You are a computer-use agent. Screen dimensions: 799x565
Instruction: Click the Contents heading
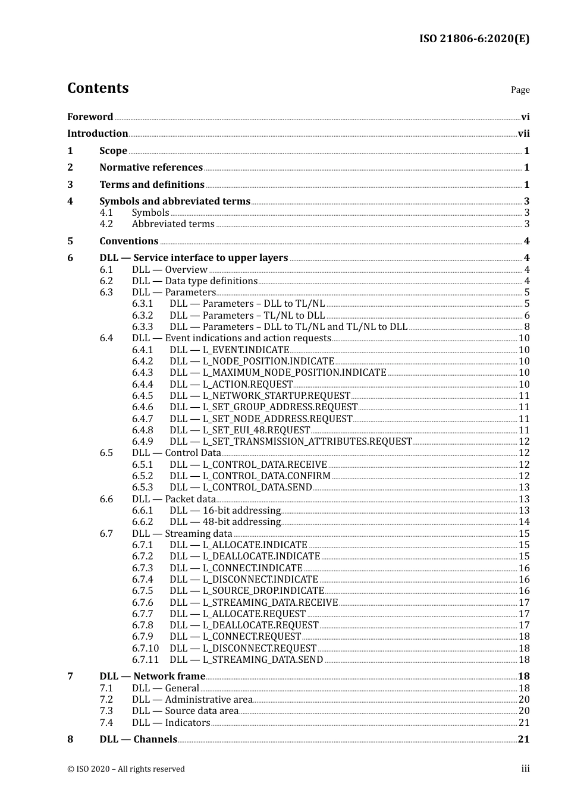[x=98, y=88]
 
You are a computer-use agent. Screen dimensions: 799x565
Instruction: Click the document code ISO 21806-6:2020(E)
[x=474, y=39]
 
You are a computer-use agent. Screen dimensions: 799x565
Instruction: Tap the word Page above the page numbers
[x=520, y=90]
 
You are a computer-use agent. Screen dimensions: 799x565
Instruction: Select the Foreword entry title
[x=90, y=117]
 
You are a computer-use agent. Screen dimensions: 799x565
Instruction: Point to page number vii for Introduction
[x=523, y=134]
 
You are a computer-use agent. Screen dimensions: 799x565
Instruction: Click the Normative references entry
[x=151, y=168]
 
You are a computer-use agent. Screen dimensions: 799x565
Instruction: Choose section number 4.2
[x=106, y=224]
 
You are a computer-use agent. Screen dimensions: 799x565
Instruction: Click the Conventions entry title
[x=128, y=241]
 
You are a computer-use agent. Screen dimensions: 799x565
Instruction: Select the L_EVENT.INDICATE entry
[x=229, y=350]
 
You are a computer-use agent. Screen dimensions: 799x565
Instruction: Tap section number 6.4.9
[x=142, y=442]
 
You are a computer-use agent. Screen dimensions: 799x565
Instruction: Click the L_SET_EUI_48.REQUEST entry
[x=240, y=430]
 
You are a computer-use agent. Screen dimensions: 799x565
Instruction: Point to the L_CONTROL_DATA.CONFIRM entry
[x=250, y=476]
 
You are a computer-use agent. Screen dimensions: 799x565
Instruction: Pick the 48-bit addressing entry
[x=225, y=522]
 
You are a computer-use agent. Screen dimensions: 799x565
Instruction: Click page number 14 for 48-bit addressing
[x=524, y=522]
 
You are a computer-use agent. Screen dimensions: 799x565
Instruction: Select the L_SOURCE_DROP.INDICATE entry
[x=247, y=591]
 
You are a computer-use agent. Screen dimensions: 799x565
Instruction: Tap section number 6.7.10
[x=145, y=649]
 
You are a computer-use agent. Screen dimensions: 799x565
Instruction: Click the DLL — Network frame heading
[x=152, y=677]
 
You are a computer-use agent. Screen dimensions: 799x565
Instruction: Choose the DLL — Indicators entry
[x=171, y=723]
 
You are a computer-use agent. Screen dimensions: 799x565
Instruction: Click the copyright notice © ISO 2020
[x=125, y=769]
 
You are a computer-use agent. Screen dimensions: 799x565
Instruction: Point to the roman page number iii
[x=525, y=769]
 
